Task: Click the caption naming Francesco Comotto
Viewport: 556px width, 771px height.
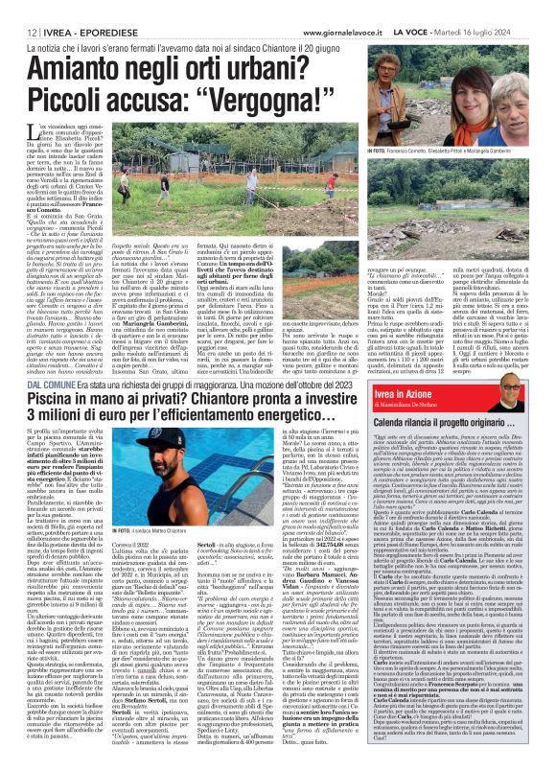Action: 448,152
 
